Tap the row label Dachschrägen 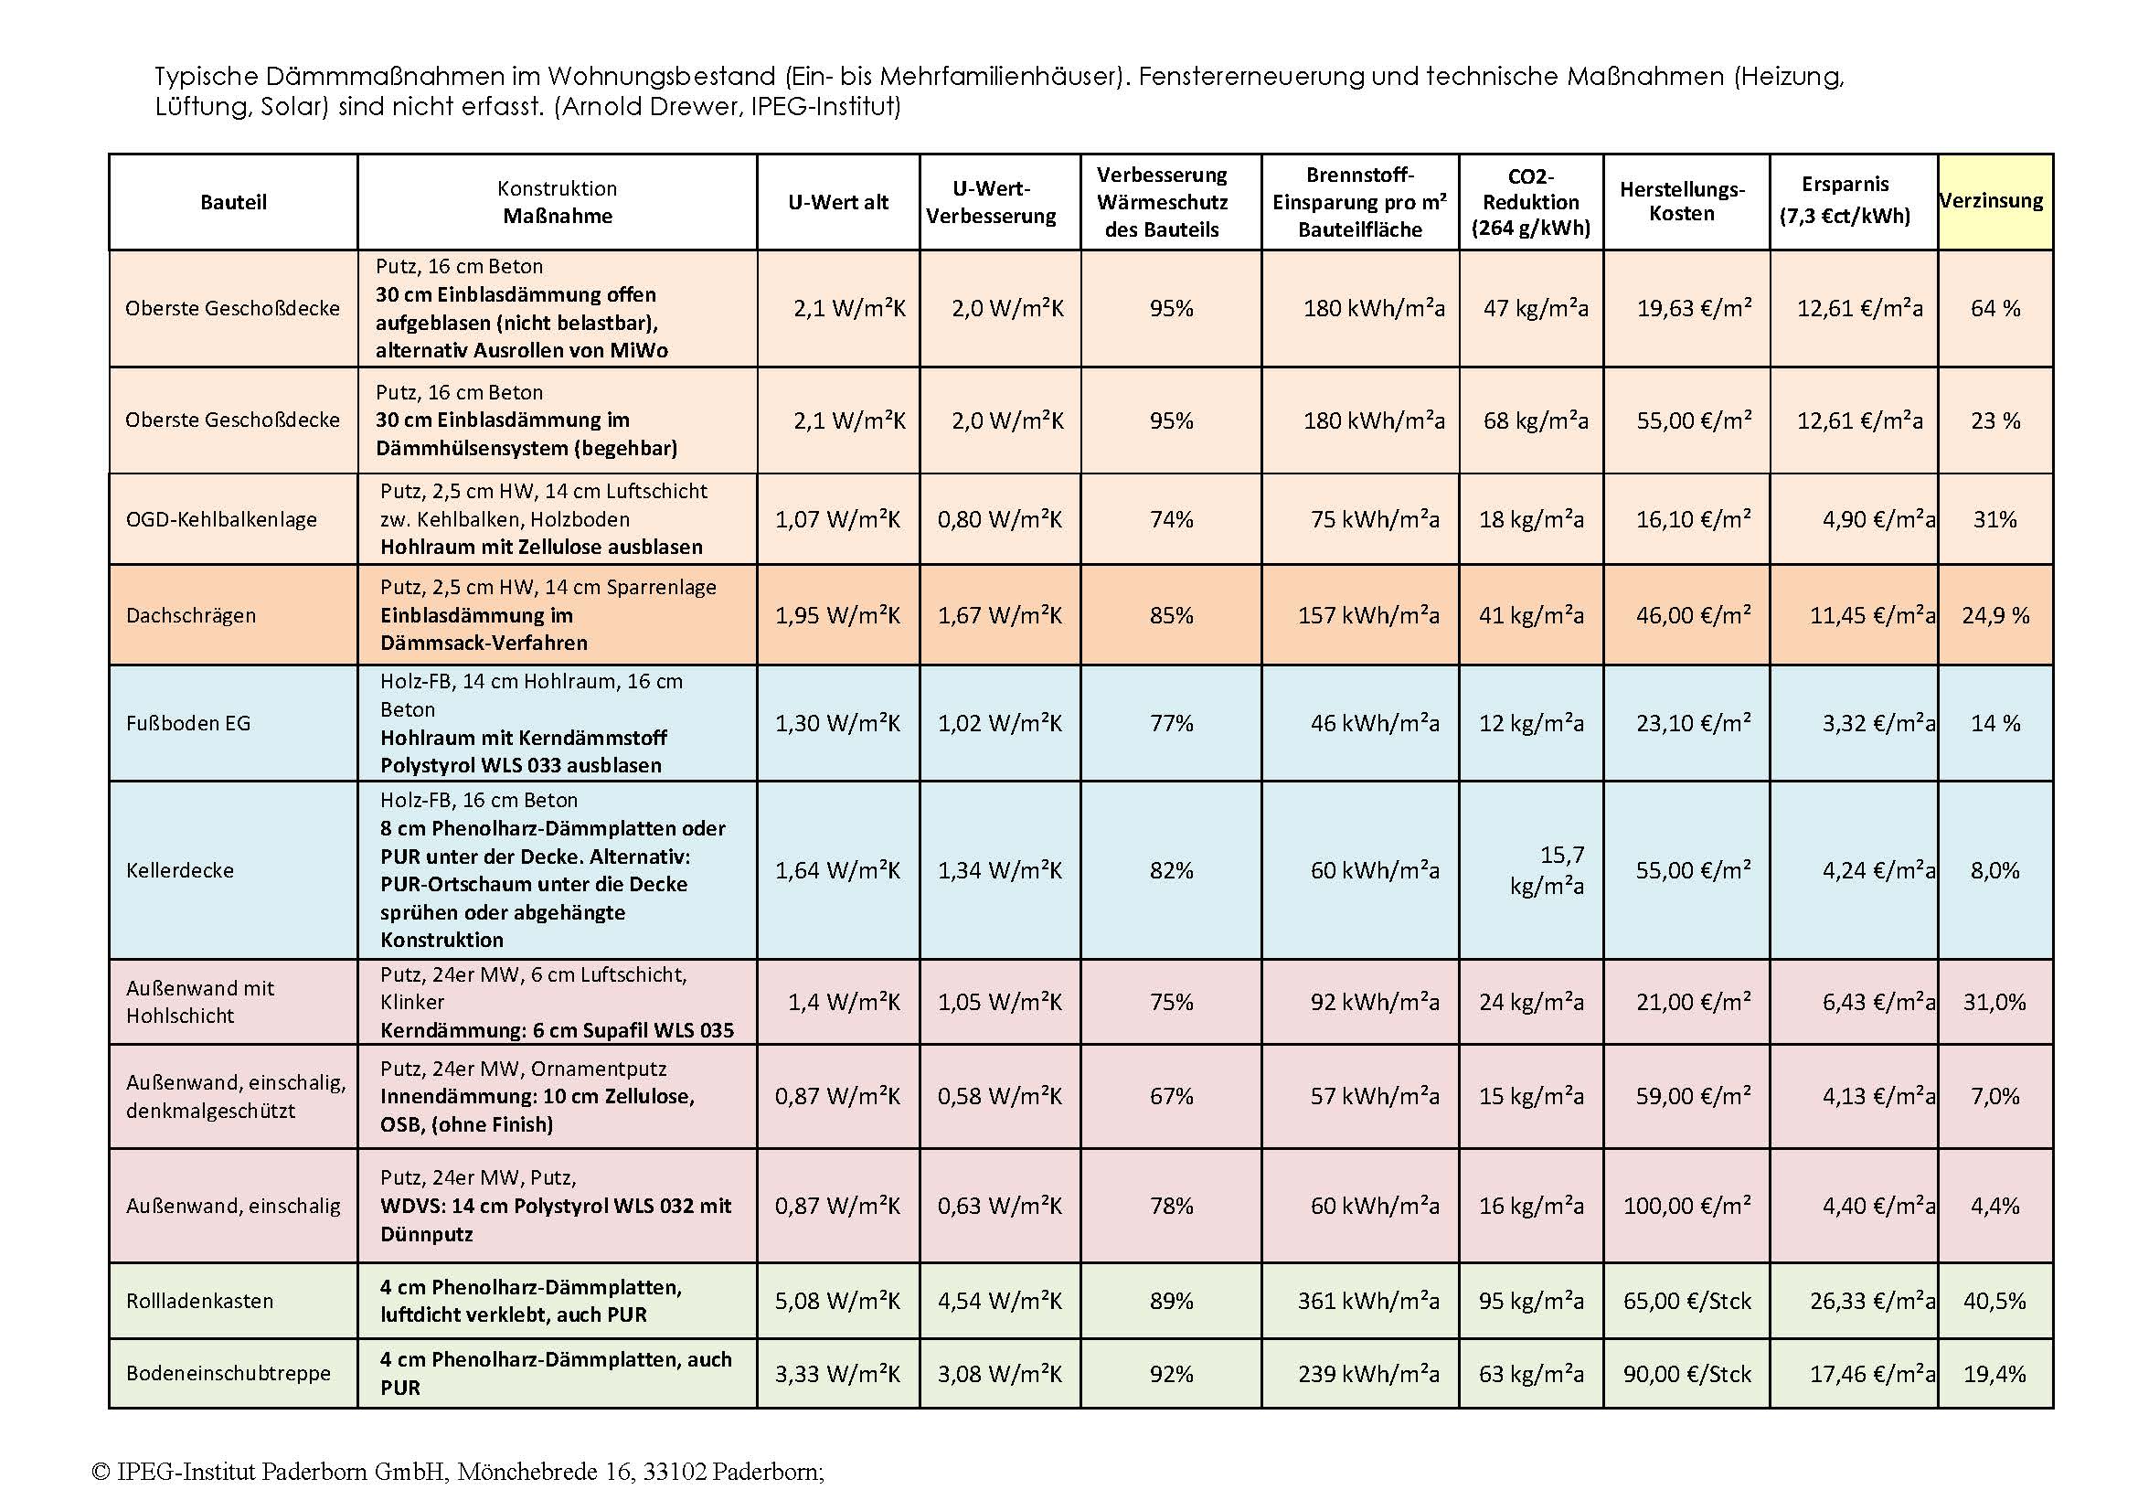coord(191,615)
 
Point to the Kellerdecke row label coord(180,870)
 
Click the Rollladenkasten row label coord(199,1301)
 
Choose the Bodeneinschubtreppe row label coord(229,1373)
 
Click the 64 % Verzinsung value coord(1994,308)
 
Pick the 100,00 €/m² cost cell coord(1686,1206)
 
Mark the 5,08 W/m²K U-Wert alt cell coord(837,1301)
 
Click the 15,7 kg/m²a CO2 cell coord(1545,869)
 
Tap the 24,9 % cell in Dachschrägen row coord(1994,615)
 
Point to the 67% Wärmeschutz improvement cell coord(1171,1096)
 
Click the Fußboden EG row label coord(188,723)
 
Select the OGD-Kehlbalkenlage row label coord(220,519)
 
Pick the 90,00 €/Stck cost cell coord(1686,1373)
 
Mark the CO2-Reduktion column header coord(1530,202)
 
